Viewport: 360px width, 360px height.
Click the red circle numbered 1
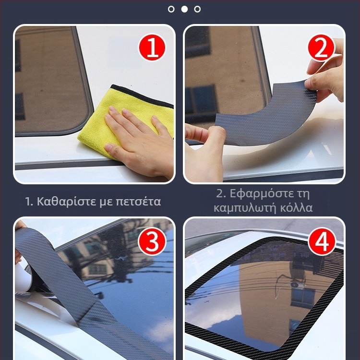pos(152,48)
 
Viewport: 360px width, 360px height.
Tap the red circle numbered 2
pos(322,48)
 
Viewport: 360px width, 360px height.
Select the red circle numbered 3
pos(152,241)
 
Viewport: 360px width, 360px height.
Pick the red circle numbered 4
pos(322,241)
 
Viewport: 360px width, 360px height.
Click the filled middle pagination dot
pos(184,9)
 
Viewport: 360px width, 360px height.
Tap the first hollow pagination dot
pos(171,9)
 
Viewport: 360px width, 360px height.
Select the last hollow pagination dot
pos(197,9)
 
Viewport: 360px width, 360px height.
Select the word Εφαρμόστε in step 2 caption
pos(260,194)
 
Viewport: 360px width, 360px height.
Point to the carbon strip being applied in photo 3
pos(76,294)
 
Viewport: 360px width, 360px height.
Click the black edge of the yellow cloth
pos(141,96)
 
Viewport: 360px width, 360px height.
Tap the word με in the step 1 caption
pos(106,203)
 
